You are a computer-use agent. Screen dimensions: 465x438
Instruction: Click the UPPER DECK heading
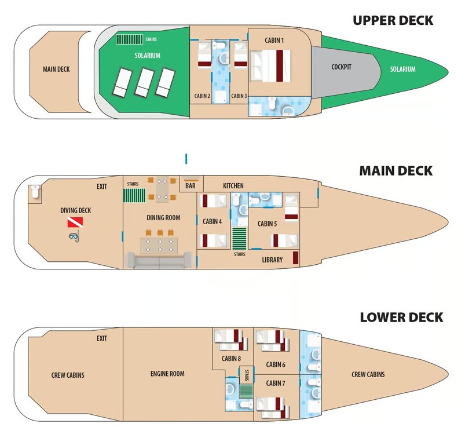(393, 20)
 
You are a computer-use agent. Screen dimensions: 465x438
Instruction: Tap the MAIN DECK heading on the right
(396, 171)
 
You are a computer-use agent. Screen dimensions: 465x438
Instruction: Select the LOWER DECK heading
(401, 317)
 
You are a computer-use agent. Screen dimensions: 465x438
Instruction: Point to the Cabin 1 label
(274, 41)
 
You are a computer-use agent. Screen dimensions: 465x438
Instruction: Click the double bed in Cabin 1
(270, 65)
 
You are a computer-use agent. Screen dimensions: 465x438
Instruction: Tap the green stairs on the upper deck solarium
(129, 39)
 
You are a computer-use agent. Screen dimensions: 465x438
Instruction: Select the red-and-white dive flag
(75, 222)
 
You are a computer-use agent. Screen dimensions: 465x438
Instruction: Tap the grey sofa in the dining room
(159, 260)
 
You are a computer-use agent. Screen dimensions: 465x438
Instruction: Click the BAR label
(190, 186)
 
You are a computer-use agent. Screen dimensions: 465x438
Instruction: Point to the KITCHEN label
(233, 186)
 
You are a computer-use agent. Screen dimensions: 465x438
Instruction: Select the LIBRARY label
(272, 260)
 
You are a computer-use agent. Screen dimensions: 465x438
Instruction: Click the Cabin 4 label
(212, 221)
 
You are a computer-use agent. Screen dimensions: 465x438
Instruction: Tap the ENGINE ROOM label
(167, 374)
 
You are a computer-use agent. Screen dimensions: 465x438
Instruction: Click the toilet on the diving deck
(35, 192)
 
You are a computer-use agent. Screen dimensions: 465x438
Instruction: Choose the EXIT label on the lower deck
(101, 338)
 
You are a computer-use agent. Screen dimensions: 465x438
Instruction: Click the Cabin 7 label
(276, 384)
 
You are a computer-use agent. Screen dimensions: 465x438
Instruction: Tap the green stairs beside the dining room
(134, 196)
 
